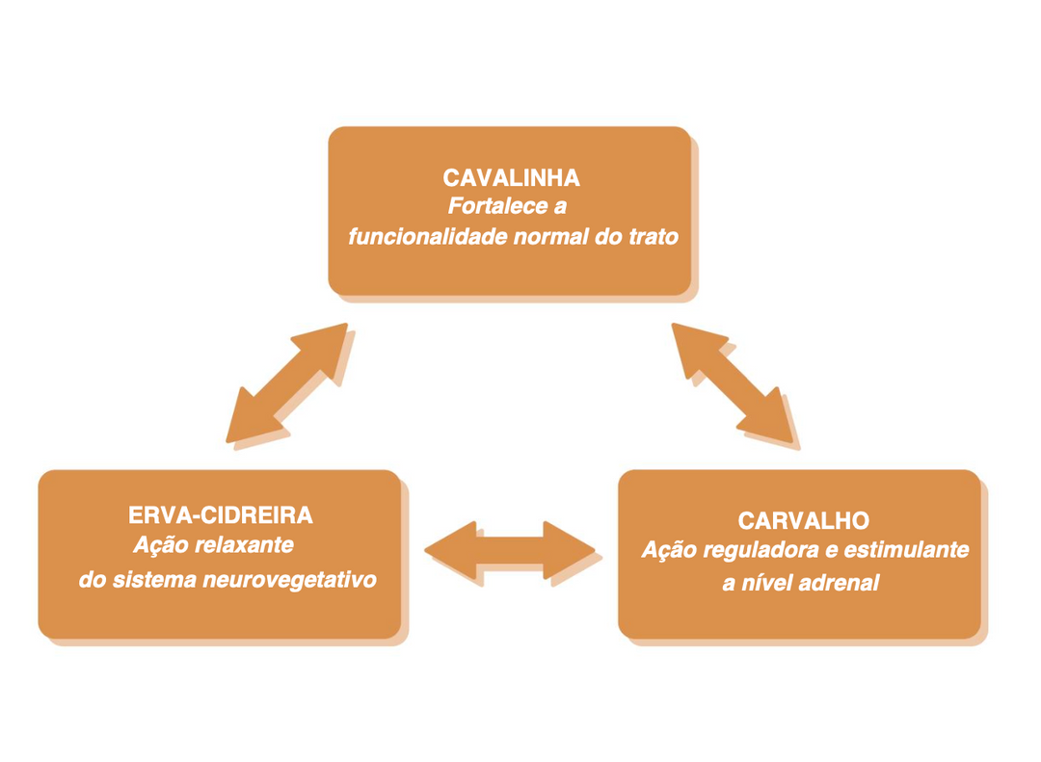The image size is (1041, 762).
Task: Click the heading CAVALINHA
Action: tap(511, 178)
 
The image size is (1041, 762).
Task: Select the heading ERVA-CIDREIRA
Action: tap(221, 515)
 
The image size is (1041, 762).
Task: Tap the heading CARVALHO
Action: tap(803, 521)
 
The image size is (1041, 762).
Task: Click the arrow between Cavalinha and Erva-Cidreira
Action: tap(288, 382)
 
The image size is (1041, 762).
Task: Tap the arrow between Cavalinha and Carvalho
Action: tap(734, 382)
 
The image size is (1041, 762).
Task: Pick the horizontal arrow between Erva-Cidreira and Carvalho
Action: tap(510, 550)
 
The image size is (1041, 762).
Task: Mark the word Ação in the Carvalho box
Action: tap(667, 551)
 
